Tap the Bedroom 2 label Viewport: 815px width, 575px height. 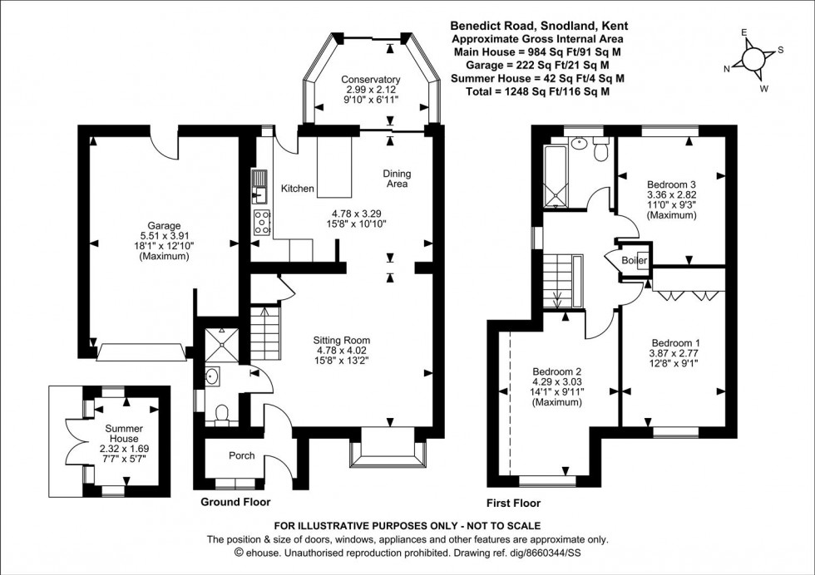(556, 371)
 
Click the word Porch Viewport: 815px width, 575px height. (240, 455)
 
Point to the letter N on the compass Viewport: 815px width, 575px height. (727, 69)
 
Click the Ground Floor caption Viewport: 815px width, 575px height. (235, 503)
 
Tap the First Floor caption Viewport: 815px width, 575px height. (513, 503)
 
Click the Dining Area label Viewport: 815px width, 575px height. (397, 179)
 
